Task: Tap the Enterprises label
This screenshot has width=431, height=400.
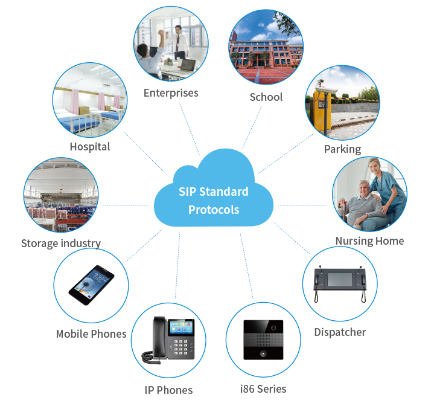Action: coord(171,93)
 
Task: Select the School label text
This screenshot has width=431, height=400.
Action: coord(266,97)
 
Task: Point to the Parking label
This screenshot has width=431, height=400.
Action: coord(342,149)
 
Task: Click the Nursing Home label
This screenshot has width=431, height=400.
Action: coord(369,241)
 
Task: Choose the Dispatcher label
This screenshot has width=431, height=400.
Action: coord(340,332)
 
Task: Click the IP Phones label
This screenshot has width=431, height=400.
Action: coord(168,390)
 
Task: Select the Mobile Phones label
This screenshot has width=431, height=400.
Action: coord(91,334)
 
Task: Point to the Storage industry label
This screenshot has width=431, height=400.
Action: coord(61,244)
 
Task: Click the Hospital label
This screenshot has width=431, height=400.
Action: coord(89,147)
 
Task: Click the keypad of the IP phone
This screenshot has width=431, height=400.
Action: coord(180,346)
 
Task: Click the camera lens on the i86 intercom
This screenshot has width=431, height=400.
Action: coord(273,327)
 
